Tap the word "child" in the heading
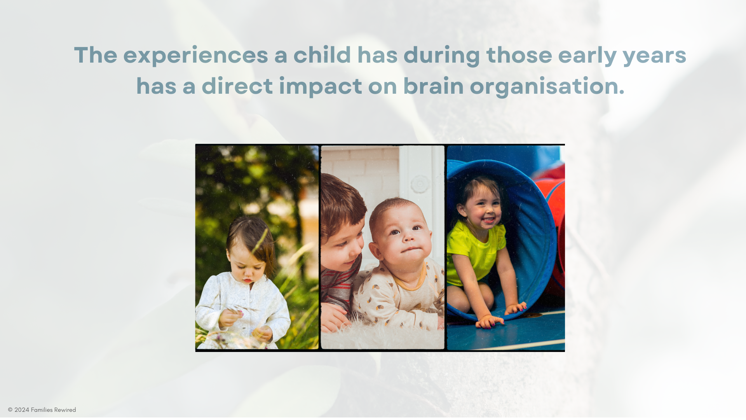coord(322,54)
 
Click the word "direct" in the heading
coord(237,86)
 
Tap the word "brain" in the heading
coord(433,86)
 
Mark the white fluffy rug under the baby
coord(383,336)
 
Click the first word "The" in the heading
coord(96,54)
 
